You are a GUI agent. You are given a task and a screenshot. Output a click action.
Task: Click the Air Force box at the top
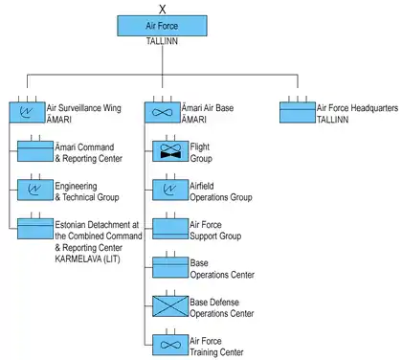[x=162, y=26]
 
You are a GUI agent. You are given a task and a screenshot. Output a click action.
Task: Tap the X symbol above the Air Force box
[x=163, y=10]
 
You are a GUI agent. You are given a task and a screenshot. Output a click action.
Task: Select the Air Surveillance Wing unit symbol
[x=27, y=112]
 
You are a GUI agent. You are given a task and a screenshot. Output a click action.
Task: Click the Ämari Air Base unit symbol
[x=163, y=112]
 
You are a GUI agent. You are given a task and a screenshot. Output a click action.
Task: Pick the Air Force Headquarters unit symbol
[x=298, y=112]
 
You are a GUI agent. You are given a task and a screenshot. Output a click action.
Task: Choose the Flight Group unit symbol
[x=170, y=151]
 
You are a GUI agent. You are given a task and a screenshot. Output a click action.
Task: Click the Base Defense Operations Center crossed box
[x=170, y=306]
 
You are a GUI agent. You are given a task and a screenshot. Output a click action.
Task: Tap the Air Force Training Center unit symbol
[x=170, y=345]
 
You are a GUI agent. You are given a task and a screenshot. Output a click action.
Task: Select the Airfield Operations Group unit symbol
[x=170, y=190]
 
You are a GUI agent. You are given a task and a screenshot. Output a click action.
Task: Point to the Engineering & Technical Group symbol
[x=35, y=190]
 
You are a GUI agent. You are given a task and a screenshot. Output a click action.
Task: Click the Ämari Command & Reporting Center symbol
[x=35, y=151]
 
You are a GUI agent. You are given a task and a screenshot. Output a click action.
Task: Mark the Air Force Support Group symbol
[x=170, y=229]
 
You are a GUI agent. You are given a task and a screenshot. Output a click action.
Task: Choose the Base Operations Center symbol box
[x=170, y=267]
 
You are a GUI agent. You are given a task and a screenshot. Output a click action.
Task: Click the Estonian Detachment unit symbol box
[x=35, y=229]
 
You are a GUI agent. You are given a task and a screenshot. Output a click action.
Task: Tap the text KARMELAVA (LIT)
[x=88, y=259]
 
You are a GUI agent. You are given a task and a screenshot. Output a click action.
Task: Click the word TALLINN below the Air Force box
[x=162, y=41]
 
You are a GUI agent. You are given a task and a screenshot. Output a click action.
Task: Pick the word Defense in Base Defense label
[x=224, y=302]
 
